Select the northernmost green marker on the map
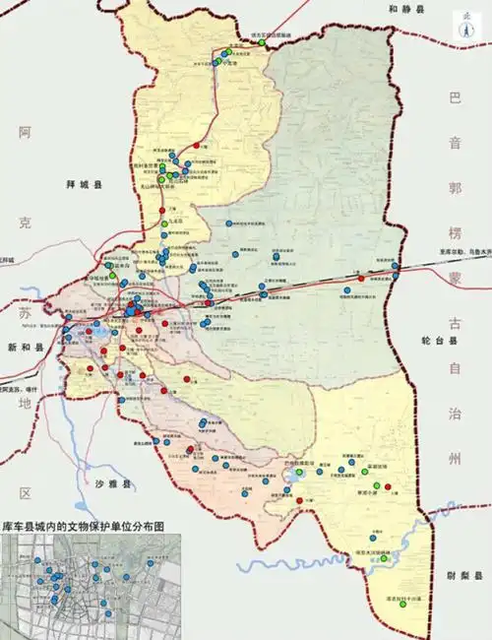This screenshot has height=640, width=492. point(261,42)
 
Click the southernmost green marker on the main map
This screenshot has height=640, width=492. point(385,587)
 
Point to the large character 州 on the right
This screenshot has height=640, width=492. point(454,459)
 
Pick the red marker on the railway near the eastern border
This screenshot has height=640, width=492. point(362,279)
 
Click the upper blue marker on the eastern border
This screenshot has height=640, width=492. point(396,266)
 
